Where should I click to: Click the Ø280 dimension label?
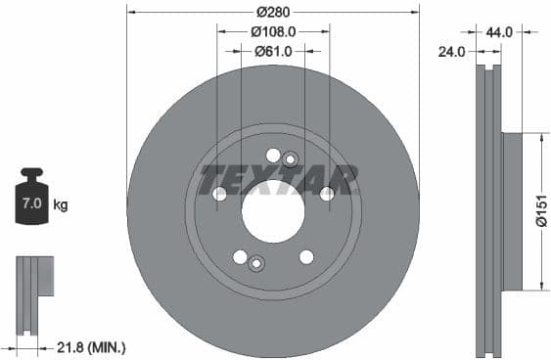273,13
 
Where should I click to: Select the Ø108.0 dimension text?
273,32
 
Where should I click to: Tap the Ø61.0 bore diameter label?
274,51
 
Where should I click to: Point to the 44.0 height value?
499,32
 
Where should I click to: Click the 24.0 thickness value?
451,52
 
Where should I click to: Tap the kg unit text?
61,205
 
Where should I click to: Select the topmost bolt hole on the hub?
273,155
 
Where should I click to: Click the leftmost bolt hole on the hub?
219,194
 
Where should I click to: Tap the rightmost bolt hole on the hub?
327,194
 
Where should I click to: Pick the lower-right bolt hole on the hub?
306,256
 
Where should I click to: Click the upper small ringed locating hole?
290,160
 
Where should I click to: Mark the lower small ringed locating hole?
256,262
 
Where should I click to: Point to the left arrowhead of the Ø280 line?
131,13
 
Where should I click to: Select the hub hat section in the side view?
512,210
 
